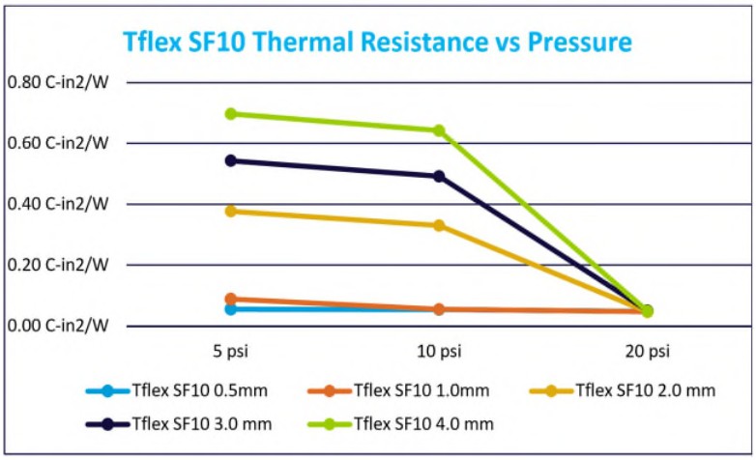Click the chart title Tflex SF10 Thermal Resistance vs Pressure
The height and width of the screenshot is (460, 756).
pos(377,43)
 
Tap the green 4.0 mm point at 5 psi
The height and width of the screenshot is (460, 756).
pos(230,113)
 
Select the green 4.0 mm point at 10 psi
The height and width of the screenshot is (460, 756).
pos(439,130)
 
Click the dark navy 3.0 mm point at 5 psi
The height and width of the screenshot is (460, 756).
pos(230,160)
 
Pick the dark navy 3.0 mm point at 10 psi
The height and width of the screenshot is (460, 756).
pos(439,176)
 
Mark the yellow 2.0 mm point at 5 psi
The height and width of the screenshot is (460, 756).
pos(230,211)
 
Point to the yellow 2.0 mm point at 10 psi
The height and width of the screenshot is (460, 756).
pos(439,225)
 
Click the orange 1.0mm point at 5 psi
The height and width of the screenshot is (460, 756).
pos(230,299)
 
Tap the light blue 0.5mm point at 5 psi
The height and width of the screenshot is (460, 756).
pos(230,309)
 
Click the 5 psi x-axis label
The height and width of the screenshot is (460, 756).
pos(230,350)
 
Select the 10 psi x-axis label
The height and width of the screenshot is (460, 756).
pos(439,350)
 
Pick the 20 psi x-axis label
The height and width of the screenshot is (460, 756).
pos(647,350)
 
